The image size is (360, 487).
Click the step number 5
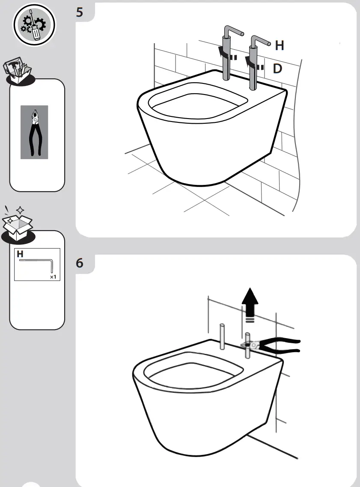pyautogui.click(x=80, y=12)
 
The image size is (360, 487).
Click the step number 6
pyautogui.click(x=80, y=263)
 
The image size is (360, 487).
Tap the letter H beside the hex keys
pyautogui.click(x=279, y=45)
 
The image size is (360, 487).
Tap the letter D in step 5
pyautogui.click(x=277, y=68)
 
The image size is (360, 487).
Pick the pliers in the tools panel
pyautogui.click(x=34, y=132)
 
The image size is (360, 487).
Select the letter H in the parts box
pyautogui.click(x=20, y=254)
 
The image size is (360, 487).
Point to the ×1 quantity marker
pyautogui.click(x=53, y=277)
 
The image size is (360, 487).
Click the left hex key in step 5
pyautogui.click(x=227, y=53)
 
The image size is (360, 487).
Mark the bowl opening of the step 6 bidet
pyautogui.click(x=193, y=373)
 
